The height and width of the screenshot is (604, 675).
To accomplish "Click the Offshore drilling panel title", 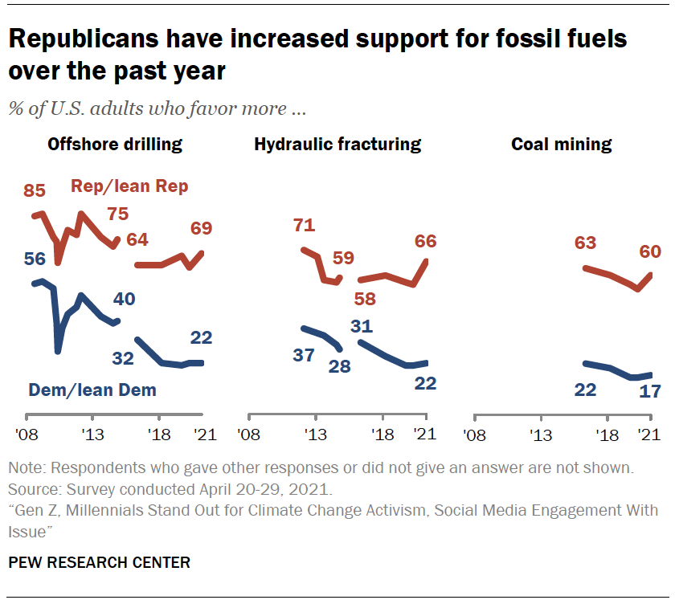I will point(115,145).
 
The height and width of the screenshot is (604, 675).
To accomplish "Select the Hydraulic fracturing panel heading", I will point(337,145).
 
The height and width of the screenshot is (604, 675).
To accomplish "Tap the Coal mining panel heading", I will point(562,145).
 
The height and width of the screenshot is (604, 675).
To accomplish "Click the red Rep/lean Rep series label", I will point(129,186).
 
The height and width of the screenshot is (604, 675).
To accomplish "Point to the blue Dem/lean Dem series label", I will point(92,390).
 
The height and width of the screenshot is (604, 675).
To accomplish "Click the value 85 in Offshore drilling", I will point(35,191).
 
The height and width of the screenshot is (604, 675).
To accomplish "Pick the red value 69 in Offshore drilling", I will point(201,228).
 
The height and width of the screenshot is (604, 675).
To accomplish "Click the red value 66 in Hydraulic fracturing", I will point(425,240).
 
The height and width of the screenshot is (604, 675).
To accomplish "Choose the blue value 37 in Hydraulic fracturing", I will point(303,355).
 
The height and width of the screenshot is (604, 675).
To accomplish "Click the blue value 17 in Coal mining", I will point(649,392).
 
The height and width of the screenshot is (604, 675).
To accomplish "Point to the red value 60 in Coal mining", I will point(649,252).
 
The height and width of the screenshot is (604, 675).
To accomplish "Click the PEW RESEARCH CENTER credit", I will point(100,562).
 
